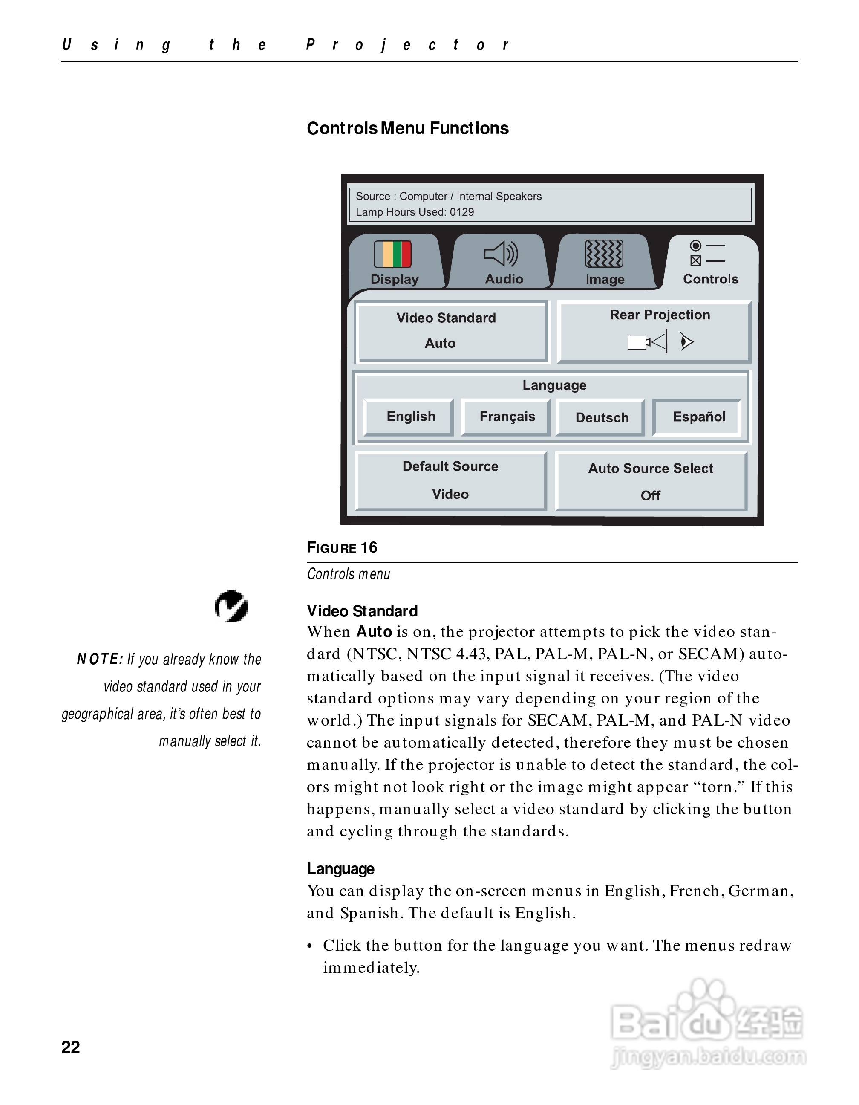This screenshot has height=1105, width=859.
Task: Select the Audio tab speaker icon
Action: pyautogui.click(x=501, y=254)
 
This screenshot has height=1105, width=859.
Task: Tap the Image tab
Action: pyautogui.click(x=604, y=263)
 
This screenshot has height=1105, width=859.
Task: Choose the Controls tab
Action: pyautogui.click(x=710, y=263)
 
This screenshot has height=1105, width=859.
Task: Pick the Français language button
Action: pyautogui.click(x=507, y=417)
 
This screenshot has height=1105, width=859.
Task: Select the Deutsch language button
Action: pyautogui.click(x=602, y=418)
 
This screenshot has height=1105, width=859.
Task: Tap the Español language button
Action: pyautogui.click(x=698, y=417)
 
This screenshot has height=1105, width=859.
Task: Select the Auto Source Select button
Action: pyautogui.click(x=651, y=482)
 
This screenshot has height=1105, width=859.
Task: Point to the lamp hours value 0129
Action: pyautogui.click(x=461, y=212)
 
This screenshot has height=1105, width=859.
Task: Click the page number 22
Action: pyautogui.click(x=71, y=1047)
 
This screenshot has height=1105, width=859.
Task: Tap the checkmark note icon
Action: pyautogui.click(x=231, y=606)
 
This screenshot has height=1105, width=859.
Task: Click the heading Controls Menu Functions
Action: pyautogui.click(x=407, y=128)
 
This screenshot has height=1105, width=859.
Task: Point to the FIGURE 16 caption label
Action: pyautogui.click(x=342, y=548)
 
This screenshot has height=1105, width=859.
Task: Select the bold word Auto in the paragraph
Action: pyautogui.click(x=374, y=632)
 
